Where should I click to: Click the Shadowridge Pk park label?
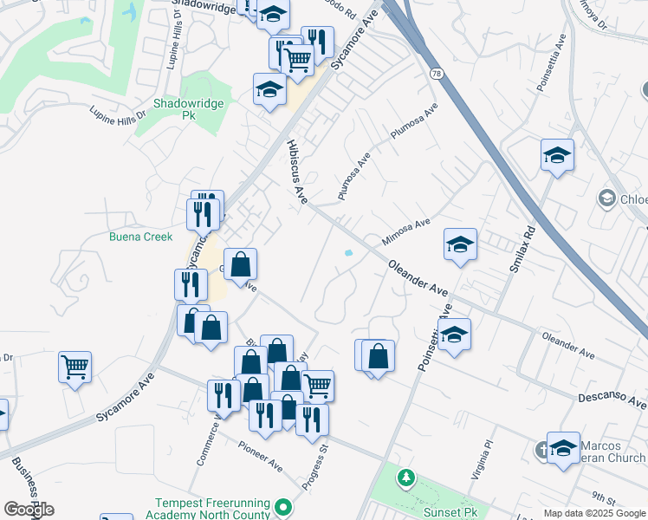(x=188, y=108)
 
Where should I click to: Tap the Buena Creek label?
(x=140, y=237)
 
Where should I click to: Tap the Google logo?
(x=29, y=510)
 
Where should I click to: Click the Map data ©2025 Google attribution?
(x=594, y=513)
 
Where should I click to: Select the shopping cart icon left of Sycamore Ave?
(x=75, y=367)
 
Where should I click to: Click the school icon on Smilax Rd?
(x=557, y=156)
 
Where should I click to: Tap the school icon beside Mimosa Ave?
(x=461, y=244)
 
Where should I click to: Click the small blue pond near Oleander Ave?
(x=348, y=253)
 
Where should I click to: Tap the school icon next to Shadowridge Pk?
(x=269, y=89)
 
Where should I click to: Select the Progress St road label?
(x=314, y=468)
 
